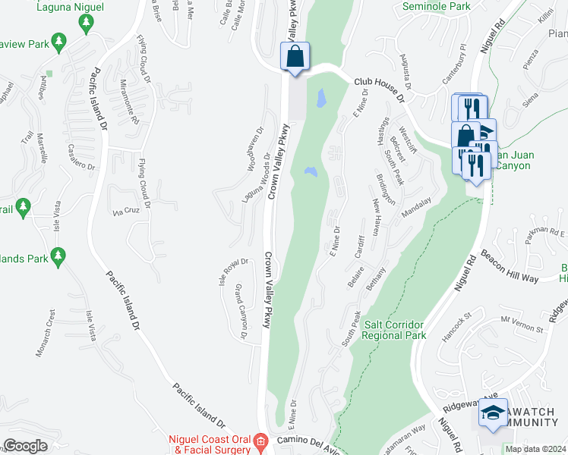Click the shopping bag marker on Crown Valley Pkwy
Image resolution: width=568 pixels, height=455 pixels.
click(x=295, y=57)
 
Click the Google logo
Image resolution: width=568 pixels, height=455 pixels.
click(x=25, y=446)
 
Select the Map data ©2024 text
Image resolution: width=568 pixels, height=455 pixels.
click(x=535, y=449)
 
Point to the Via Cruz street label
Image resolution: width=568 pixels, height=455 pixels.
click(x=127, y=212)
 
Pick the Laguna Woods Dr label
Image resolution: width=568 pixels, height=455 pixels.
click(x=256, y=179)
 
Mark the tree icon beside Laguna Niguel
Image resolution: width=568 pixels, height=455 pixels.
click(x=84, y=24)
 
